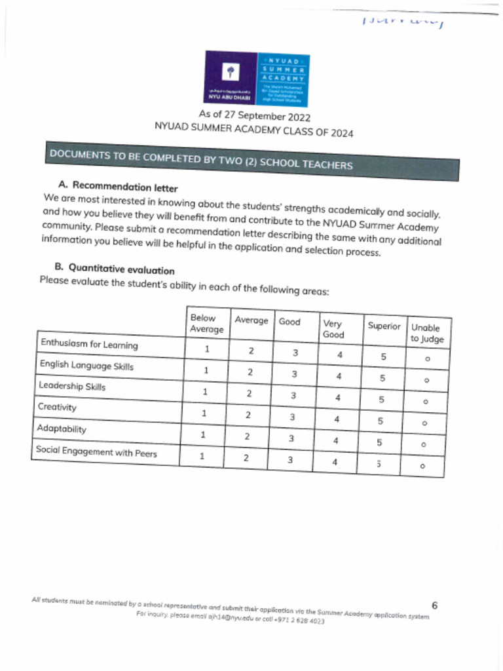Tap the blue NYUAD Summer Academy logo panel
coord(284,79)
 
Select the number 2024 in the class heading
coord(341,133)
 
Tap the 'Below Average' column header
coord(206,323)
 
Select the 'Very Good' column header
coord(334,329)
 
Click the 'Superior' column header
coord(383,326)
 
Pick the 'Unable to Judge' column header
coord(427,334)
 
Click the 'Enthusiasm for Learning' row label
coord(89,344)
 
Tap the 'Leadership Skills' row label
coord(71,386)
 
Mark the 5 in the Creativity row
coord(380,421)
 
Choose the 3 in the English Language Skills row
coord(294,374)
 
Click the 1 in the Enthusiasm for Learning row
coord(206,349)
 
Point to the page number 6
coord(435,604)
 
